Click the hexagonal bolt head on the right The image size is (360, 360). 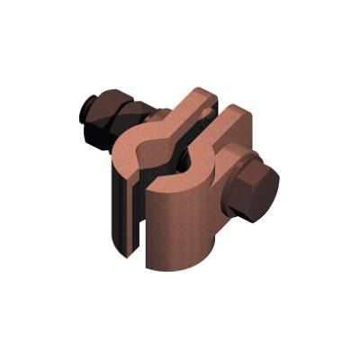[254, 191]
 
